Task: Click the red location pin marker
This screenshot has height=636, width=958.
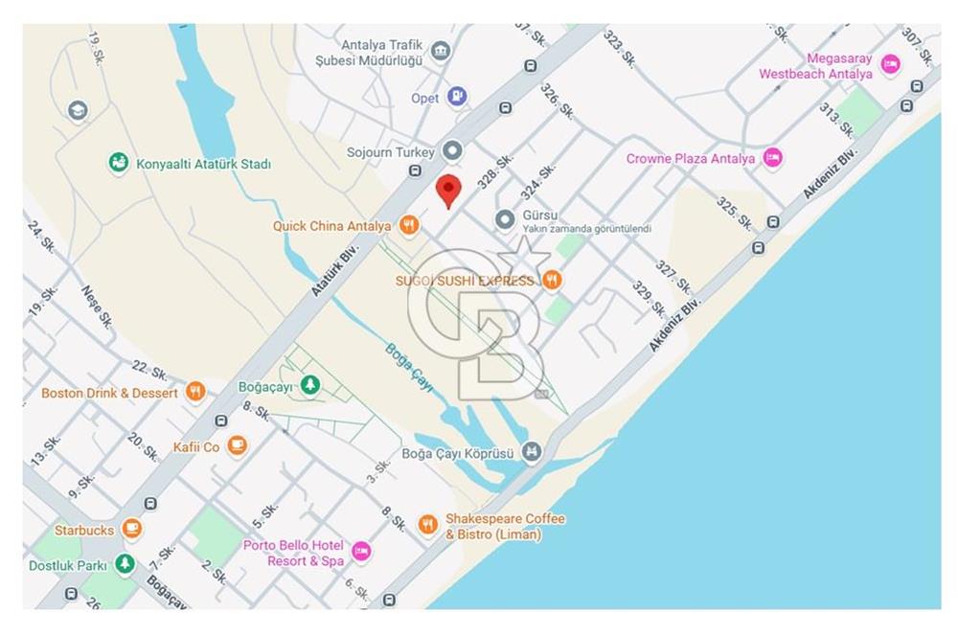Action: (447, 191)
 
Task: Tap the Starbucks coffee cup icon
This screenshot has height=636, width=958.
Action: (132, 530)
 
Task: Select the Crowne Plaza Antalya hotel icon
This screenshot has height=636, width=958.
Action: (773, 158)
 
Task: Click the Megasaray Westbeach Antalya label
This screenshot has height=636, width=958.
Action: (816, 66)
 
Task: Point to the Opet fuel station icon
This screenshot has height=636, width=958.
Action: (459, 97)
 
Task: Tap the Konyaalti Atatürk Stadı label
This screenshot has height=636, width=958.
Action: (202, 164)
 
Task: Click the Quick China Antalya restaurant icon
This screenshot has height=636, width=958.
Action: (409, 226)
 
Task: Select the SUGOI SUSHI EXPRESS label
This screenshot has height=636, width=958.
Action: (465, 281)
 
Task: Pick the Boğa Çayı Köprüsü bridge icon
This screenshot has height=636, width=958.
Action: (533, 451)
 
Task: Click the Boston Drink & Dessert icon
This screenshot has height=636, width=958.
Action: (195, 392)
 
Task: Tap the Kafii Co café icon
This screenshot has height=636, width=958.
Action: (237, 446)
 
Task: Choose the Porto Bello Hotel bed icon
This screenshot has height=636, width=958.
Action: (361, 552)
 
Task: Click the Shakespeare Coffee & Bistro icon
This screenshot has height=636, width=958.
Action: (427, 525)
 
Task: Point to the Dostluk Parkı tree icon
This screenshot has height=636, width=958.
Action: (125, 565)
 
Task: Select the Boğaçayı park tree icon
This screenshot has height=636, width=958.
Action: (309, 386)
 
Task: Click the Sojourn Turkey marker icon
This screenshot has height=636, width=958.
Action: (453, 151)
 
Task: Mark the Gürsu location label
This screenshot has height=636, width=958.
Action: (539, 216)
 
